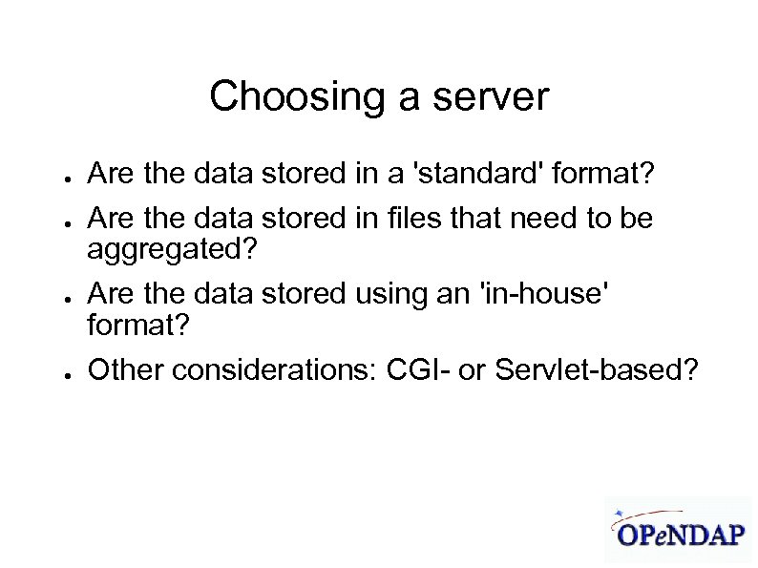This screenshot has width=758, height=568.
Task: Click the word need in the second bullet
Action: (x=543, y=220)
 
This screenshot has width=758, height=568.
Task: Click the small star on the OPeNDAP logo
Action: (x=621, y=512)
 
